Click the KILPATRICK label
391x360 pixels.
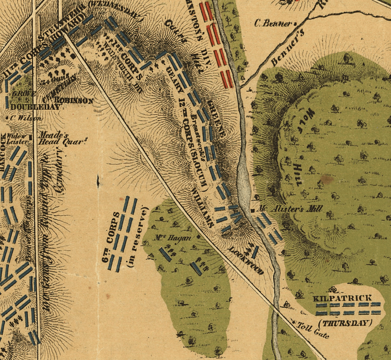point(342,298)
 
